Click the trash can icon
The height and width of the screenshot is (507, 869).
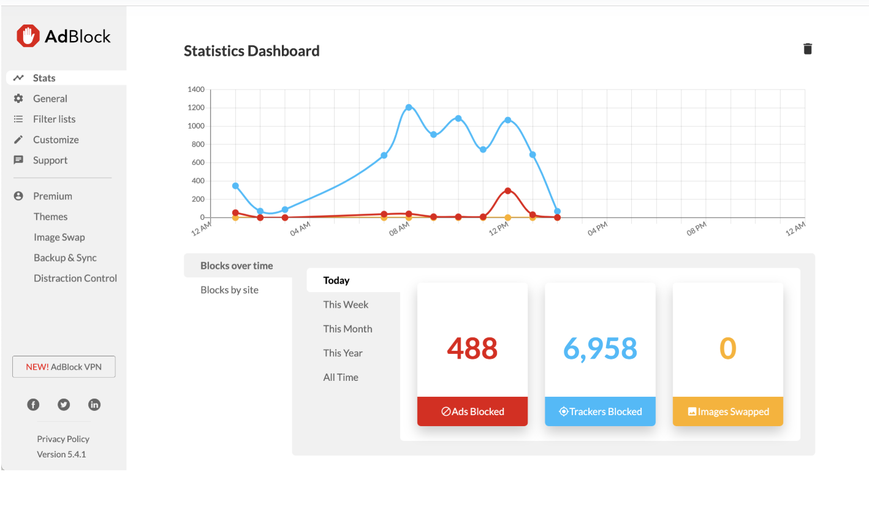(807, 49)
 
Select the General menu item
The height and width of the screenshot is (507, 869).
(50, 99)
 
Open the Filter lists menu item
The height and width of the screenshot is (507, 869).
(54, 119)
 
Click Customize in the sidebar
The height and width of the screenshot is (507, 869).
(56, 140)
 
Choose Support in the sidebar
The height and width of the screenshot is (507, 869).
(50, 160)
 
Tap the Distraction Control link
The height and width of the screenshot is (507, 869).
(75, 278)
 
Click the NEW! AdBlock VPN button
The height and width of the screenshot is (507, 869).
(64, 367)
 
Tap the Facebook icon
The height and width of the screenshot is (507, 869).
(33, 405)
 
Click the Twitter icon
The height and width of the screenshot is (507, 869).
(64, 405)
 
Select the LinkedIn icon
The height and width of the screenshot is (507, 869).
(94, 405)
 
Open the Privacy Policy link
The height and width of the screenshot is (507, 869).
(63, 439)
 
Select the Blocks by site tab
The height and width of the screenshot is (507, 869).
(229, 290)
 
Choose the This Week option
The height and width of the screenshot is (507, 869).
(346, 305)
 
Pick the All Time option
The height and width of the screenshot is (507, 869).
(341, 377)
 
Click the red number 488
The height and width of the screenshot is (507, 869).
(472, 348)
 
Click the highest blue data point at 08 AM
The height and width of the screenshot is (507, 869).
(409, 108)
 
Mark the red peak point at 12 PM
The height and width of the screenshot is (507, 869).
(507, 190)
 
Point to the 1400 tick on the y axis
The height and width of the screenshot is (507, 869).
(195, 89)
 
